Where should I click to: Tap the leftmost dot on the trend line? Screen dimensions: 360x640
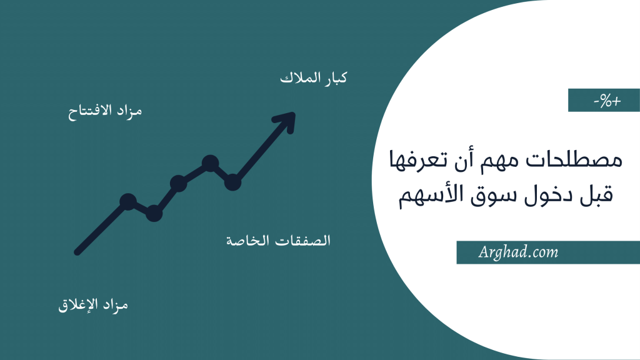pyautogui.click(x=127, y=201)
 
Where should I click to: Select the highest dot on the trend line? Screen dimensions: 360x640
pyautogui.click(x=210, y=163)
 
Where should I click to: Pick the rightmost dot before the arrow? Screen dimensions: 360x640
pyautogui.click(x=232, y=182)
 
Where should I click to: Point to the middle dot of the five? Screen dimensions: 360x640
pyautogui.click(x=178, y=184)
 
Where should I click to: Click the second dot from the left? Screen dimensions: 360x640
pyautogui.click(x=154, y=214)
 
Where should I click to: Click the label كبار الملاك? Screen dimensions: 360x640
pyautogui.click(x=313, y=79)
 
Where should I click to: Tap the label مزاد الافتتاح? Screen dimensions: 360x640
pyautogui.click(x=105, y=112)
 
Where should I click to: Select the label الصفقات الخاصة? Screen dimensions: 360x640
pyautogui.click(x=277, y=241)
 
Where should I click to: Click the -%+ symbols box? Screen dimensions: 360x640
pyautogui.click(x=604, y=101)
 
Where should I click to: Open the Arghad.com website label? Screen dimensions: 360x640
pyautogui.click(x=517, y=252)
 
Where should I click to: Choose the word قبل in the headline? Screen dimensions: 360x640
pyautogui.click(x=594, y=196)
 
